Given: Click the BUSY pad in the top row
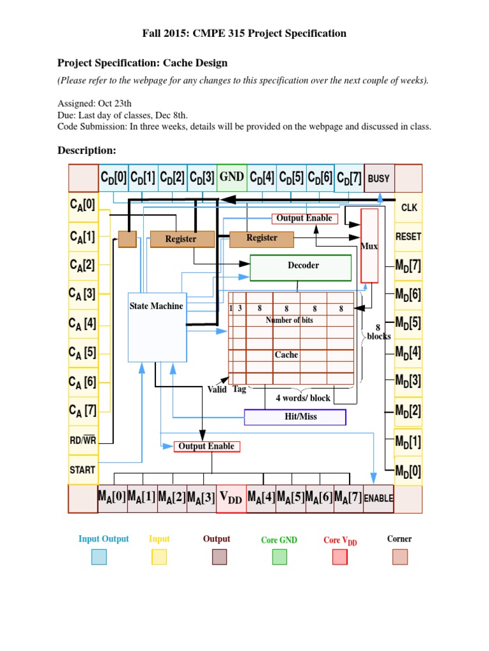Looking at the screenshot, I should click(x=379, y=178).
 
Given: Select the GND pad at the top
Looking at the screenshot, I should click(x=232, y=177).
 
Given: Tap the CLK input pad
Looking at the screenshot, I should click(x=408, y=207).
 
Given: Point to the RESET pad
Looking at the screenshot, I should click(x=408, y=236).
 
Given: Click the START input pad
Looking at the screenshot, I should click(x=83, y=470).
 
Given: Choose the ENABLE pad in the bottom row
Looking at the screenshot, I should click(x=379, y=498).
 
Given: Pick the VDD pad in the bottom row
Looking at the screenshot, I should click(x=230, y=499).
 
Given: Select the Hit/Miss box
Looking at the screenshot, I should click(x=295, y=417).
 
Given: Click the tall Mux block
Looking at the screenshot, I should click(x=369, y=245).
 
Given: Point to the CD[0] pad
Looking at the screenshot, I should click(x=113, y=178).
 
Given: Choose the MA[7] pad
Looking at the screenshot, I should click(x=348, y=498).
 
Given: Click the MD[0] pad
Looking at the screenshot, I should click(x=408, y=471).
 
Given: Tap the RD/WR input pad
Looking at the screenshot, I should click(x=83, y=441).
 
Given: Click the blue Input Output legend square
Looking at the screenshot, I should click(x=99, y=557).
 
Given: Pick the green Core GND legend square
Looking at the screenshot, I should click(x=280, y=557).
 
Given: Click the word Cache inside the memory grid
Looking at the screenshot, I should click(x=286, y=355).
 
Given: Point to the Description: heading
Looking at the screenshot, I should click(x=87, y=150).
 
